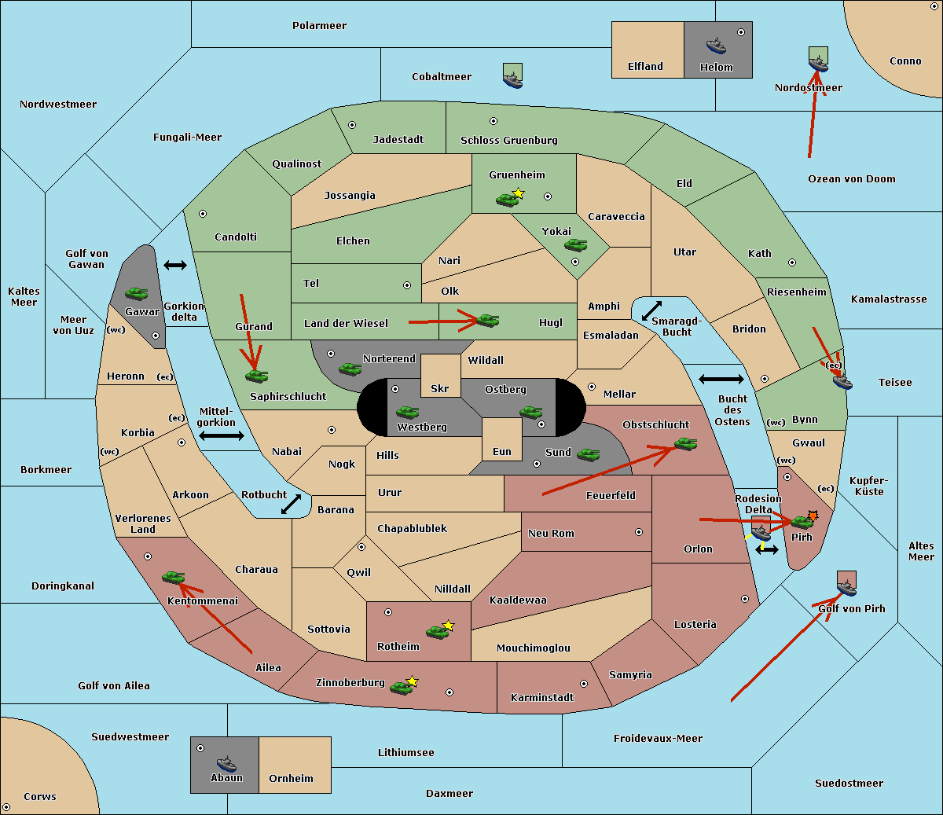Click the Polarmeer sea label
319,26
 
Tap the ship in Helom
716,45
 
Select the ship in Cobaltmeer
512,78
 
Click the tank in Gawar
137,293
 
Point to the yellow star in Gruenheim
518,193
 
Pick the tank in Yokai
576,245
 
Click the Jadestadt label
398,140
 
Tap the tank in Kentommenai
173,578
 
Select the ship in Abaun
226,763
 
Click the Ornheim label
291,779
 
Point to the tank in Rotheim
437,631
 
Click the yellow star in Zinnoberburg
413,681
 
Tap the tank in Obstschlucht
685,444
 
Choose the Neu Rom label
551,534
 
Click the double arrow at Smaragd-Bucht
652,310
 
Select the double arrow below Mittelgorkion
222,436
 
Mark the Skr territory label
440,389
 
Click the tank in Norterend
350,369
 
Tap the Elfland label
645,67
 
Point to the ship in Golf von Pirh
846,586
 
